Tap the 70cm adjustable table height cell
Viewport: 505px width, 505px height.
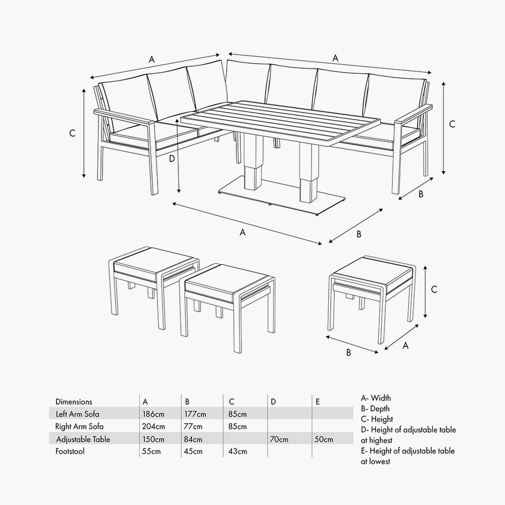pos(279,439)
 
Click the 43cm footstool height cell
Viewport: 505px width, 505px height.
pos(237,451)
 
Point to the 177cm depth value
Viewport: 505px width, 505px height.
pos(195,414)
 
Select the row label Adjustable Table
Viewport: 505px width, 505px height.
pos(83,439)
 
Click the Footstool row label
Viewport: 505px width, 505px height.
pos(70,451)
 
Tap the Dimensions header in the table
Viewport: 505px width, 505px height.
pos(74,402)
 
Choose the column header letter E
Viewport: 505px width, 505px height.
pos(318,402)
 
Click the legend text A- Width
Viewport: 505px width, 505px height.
pos(376,398)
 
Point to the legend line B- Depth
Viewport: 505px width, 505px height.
pos(375,409)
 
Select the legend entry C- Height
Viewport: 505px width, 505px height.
pos(377,419)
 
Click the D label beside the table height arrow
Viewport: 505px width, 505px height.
pos(172,158)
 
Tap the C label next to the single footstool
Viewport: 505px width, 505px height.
pos(434,289)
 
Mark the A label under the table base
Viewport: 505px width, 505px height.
pos(242,232)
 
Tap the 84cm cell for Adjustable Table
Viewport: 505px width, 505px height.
pos(194,439)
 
